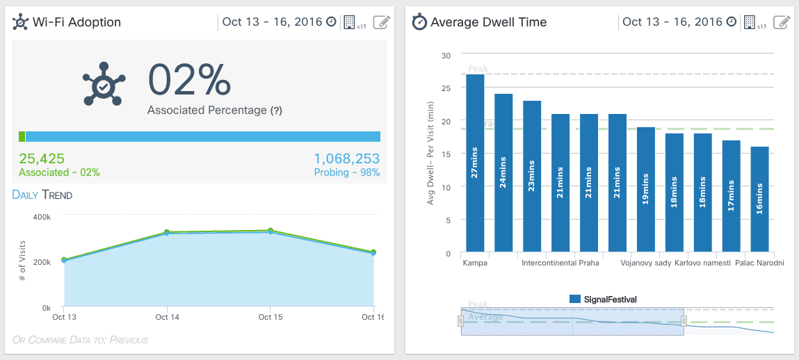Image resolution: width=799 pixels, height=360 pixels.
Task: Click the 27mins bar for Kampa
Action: [475, 163]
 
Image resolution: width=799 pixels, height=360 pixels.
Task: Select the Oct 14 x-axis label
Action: [166, 317]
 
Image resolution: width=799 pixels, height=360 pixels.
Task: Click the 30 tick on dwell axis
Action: [446, 55]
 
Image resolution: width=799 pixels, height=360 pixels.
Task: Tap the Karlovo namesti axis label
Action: [702, 263]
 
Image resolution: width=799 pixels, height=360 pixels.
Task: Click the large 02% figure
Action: [189, 80]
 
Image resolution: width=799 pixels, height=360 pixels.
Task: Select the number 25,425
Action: [42, 158]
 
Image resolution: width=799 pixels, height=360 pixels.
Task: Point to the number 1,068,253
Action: [347, 158]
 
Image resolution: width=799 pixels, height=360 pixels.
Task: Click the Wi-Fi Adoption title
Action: [76, 22]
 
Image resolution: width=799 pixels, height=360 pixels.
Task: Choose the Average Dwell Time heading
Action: [488, 22]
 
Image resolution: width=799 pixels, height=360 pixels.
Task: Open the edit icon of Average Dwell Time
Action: [782, 22]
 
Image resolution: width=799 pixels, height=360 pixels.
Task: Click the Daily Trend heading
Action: [42, 195]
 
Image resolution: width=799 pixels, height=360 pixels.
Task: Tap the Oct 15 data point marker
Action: [270, 231]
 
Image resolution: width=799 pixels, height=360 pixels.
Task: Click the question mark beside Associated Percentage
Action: [276, 111]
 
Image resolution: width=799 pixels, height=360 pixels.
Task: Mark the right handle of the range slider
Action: [684, 321]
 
